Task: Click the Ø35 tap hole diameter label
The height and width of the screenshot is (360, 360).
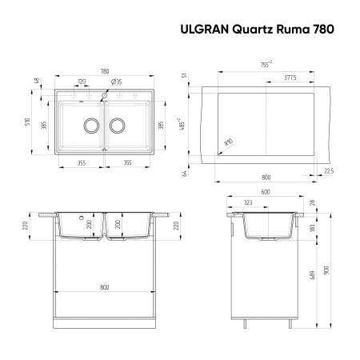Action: click(x=117, y=82)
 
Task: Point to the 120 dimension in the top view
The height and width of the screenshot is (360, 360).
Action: click(x=82, y=82)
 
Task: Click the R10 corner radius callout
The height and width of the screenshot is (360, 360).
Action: click(x=228, y=142)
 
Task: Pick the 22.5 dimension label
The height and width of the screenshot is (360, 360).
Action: click(x=329, y=170)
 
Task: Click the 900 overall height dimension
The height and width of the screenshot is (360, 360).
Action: click(x=323, y=270)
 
